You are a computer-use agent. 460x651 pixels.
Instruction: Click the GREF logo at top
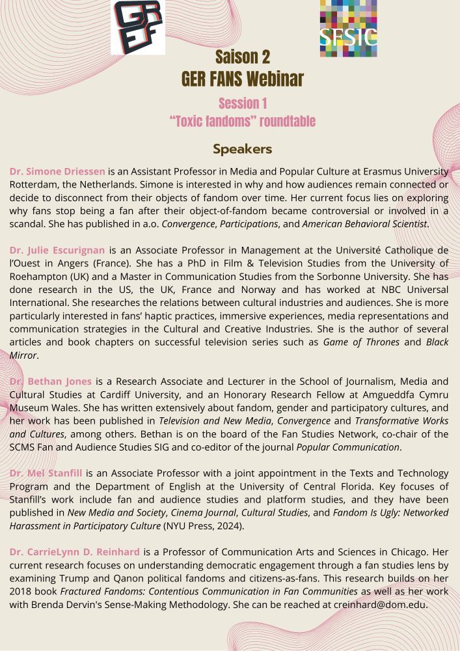(137, 27)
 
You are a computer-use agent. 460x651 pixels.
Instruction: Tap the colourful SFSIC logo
(348, 27)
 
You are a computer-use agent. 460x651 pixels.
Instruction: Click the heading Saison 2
(243, 57)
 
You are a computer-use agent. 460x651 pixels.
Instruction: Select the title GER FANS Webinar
(243, 79)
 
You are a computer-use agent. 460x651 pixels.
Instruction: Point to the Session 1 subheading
(243, 104)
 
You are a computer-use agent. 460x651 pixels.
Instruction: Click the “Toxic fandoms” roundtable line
(243, 122)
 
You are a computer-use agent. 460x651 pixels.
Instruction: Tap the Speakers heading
(242, 149)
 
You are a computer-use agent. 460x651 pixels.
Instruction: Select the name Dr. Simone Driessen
(57, 172)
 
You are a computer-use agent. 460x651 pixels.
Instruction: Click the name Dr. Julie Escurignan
(58, 249)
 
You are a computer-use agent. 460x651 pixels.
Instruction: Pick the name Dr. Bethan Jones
(51, 381)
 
